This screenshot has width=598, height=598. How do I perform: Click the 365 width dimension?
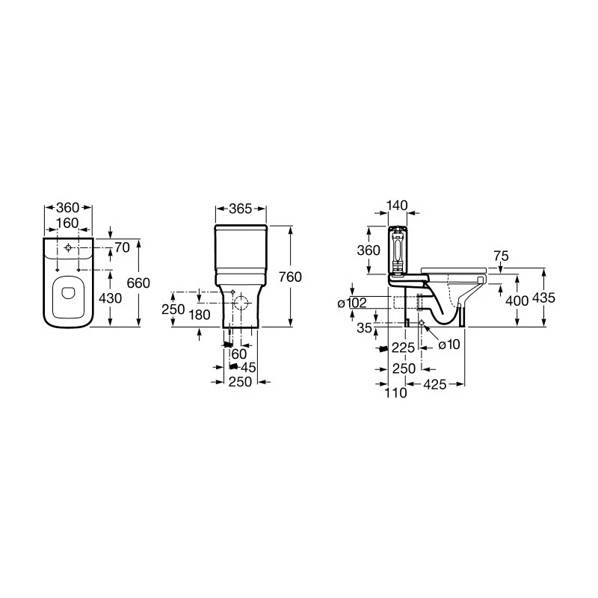(241, 209)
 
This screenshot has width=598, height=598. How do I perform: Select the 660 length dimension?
(138, 283)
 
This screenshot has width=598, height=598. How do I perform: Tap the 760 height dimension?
(290, 277)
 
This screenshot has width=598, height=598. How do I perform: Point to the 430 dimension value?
(110, 298)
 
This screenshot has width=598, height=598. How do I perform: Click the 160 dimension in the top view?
(67, 223)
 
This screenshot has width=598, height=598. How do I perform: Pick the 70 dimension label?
(122, 247)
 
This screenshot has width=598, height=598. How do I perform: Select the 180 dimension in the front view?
(200, 315)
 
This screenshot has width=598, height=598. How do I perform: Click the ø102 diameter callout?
(352, 303)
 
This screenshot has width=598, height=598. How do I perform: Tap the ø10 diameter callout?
(449, 345)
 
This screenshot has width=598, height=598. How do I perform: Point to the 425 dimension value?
(435, 384)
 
